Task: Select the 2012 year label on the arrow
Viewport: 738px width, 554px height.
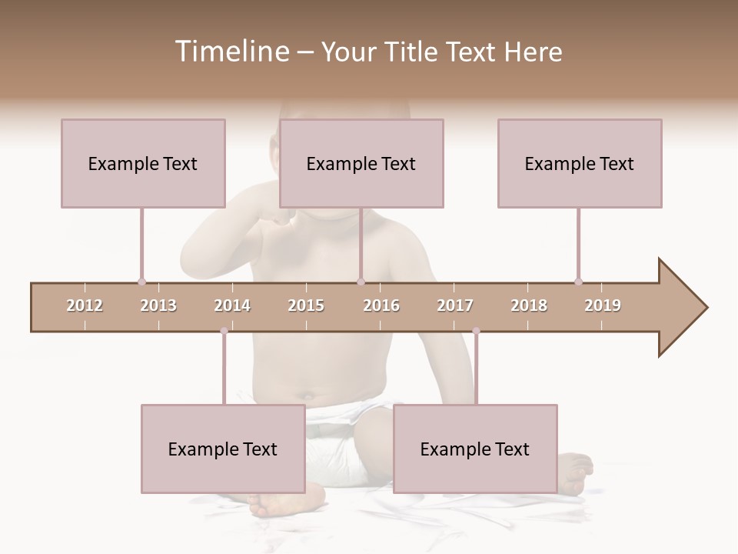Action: point(85,305)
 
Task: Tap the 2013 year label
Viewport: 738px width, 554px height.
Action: point(158,305)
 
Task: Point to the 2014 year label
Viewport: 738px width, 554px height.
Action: point(232,305)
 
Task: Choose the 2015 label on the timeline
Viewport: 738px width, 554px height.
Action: point(306,305)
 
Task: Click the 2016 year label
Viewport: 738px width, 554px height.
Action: point(381,305)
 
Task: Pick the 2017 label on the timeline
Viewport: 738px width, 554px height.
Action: point(455,305)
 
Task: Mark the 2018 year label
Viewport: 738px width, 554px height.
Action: point(529,305)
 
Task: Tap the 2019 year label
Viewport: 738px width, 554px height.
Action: point(603,305)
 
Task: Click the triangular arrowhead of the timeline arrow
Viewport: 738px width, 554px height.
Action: point(680,307)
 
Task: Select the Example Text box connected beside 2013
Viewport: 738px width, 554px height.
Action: point(143,163)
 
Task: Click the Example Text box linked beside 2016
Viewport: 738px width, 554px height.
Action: point(361,163)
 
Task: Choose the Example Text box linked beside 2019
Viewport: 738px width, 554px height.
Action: point(580,163)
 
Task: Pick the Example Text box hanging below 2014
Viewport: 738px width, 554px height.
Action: point(223,449)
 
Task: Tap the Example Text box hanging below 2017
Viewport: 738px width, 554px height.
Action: point(475,449)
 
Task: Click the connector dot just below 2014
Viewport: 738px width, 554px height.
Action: point(224,331)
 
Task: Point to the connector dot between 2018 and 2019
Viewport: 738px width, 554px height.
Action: point(578,282)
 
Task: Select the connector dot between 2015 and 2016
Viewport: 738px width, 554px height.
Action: point(361,282)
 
